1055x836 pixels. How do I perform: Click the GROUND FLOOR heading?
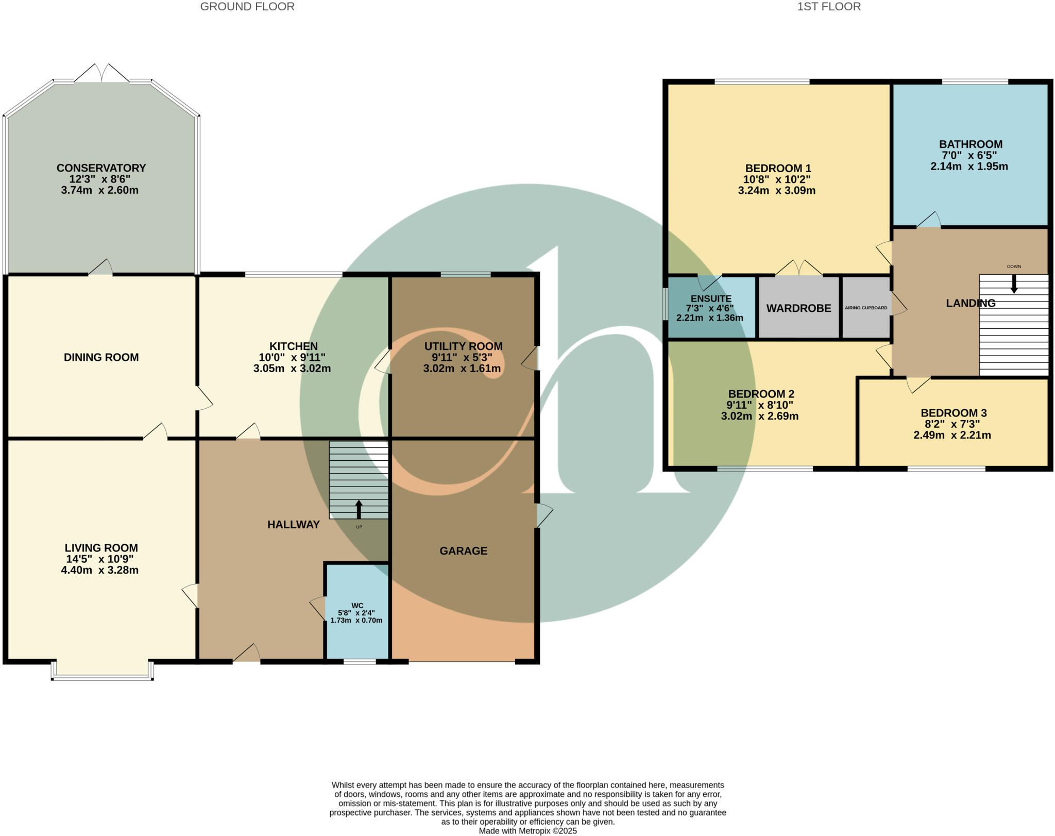pos(247,7)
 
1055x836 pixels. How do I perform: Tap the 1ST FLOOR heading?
pos(829,7)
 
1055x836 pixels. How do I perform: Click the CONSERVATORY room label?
pos(101,168)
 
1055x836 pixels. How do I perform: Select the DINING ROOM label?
pos(101,357)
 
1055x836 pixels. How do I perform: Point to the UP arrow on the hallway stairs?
pos(359,509)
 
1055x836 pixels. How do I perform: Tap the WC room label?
pos(358,606)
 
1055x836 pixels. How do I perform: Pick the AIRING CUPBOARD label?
pos(866,308)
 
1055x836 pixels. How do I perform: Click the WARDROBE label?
pos(798,308)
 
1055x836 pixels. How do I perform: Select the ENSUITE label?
pos(711,298)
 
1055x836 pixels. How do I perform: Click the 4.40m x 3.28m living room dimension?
pos(99,570)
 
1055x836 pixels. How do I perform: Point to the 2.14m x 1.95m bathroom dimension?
pos(969,166)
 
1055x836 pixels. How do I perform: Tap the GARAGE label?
pos(463,551)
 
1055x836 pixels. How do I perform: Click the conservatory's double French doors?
pos(102,74)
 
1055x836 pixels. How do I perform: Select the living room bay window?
pos(102,670)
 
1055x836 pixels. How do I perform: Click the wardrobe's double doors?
pos(799,268)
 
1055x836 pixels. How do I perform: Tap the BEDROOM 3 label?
pos(954,413)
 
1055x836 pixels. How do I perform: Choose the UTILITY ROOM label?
pos(463,346)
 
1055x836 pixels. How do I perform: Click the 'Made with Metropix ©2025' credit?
pos(527,831)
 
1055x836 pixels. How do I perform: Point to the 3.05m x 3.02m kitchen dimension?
pos(292,369)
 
